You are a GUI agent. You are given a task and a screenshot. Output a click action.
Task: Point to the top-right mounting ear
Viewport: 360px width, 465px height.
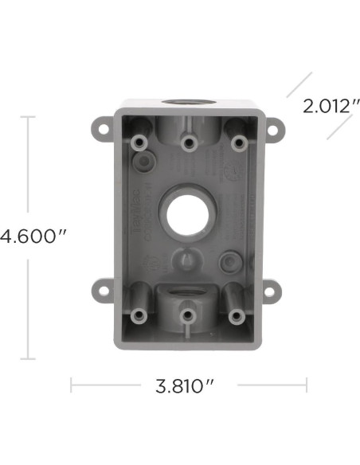pos(273,127)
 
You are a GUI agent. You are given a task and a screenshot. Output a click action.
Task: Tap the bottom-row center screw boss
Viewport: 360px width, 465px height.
pos(186,315)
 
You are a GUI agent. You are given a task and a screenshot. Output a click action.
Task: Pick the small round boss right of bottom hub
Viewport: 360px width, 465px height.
pos(229,260)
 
